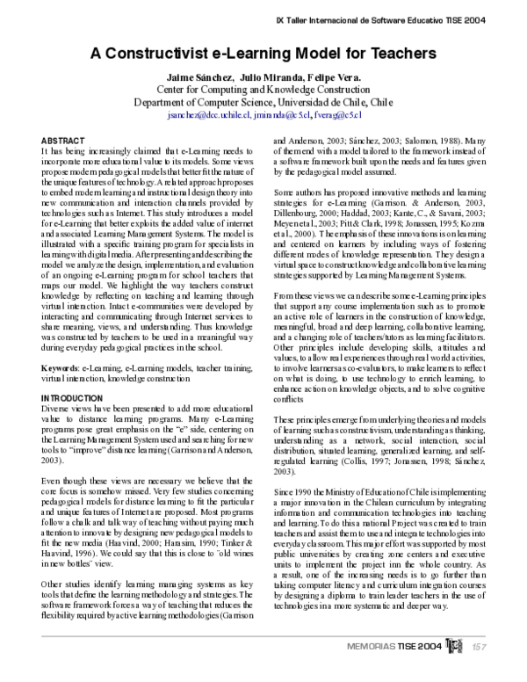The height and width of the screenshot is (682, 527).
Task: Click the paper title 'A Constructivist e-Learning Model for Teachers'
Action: [x=263, y=52]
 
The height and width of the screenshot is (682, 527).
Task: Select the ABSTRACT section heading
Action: [x=64, y=141]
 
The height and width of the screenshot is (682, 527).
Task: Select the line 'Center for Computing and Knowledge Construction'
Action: [x=263, y=90]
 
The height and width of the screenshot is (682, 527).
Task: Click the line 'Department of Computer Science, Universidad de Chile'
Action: [x=263, y=102]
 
